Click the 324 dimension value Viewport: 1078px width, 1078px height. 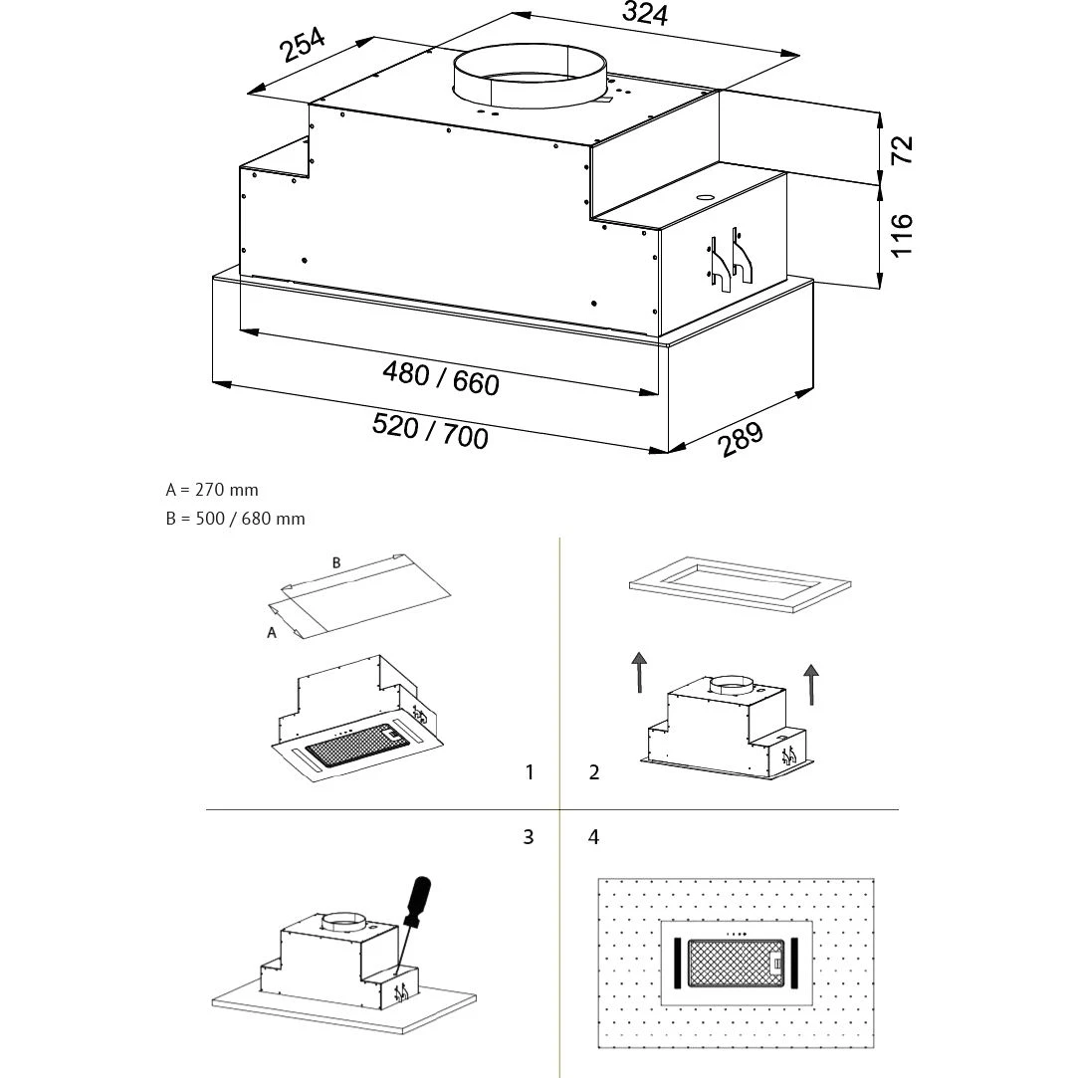(644, 14)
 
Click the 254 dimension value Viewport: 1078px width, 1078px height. (303, 45)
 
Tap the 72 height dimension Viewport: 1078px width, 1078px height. (902, 149)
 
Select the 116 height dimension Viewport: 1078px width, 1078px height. (902, 235)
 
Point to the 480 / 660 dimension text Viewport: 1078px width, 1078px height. (441, 377)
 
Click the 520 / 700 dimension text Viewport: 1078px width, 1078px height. (430, 431)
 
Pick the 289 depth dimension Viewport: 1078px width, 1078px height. (741, 440)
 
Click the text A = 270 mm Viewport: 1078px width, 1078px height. (212, 490)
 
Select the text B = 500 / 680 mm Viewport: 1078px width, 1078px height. (236, 519)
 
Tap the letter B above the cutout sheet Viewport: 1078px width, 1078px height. (336, 562)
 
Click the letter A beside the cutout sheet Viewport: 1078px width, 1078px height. (272, 634)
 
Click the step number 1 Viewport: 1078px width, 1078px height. (530, 772)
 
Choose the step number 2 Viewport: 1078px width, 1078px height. (594, 772)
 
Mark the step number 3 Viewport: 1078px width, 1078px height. (529, 837)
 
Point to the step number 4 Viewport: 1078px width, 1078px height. (594, 837)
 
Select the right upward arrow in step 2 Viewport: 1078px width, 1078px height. (812, 684)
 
